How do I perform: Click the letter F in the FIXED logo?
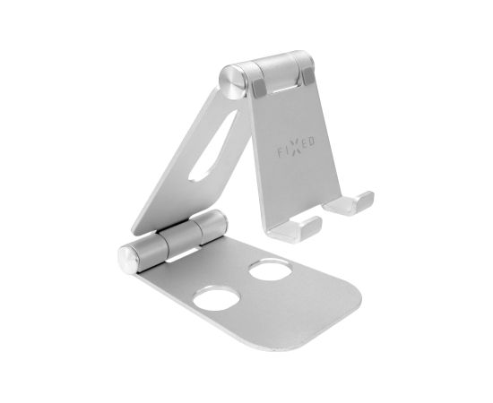tap(280, 153)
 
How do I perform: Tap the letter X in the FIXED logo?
tap(297, 147)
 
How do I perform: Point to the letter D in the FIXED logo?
tap(311, 142)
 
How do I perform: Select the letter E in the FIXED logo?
tap(305, 144)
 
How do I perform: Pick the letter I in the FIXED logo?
tap(288, 150)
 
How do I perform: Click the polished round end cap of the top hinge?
tap(232, 82)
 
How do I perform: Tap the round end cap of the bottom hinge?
tap(128, 260)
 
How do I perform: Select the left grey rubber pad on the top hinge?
tap(259, 88)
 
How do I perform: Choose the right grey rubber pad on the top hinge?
tap(308, 77)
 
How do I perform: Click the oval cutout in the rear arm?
tap(212, 145)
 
